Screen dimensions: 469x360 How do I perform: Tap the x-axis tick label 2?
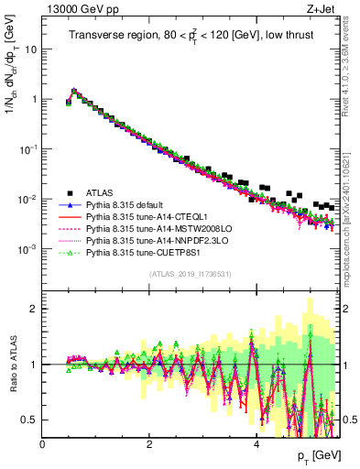click(x=149, y=443)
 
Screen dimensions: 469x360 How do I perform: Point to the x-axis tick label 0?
click(x=42, y=443)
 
